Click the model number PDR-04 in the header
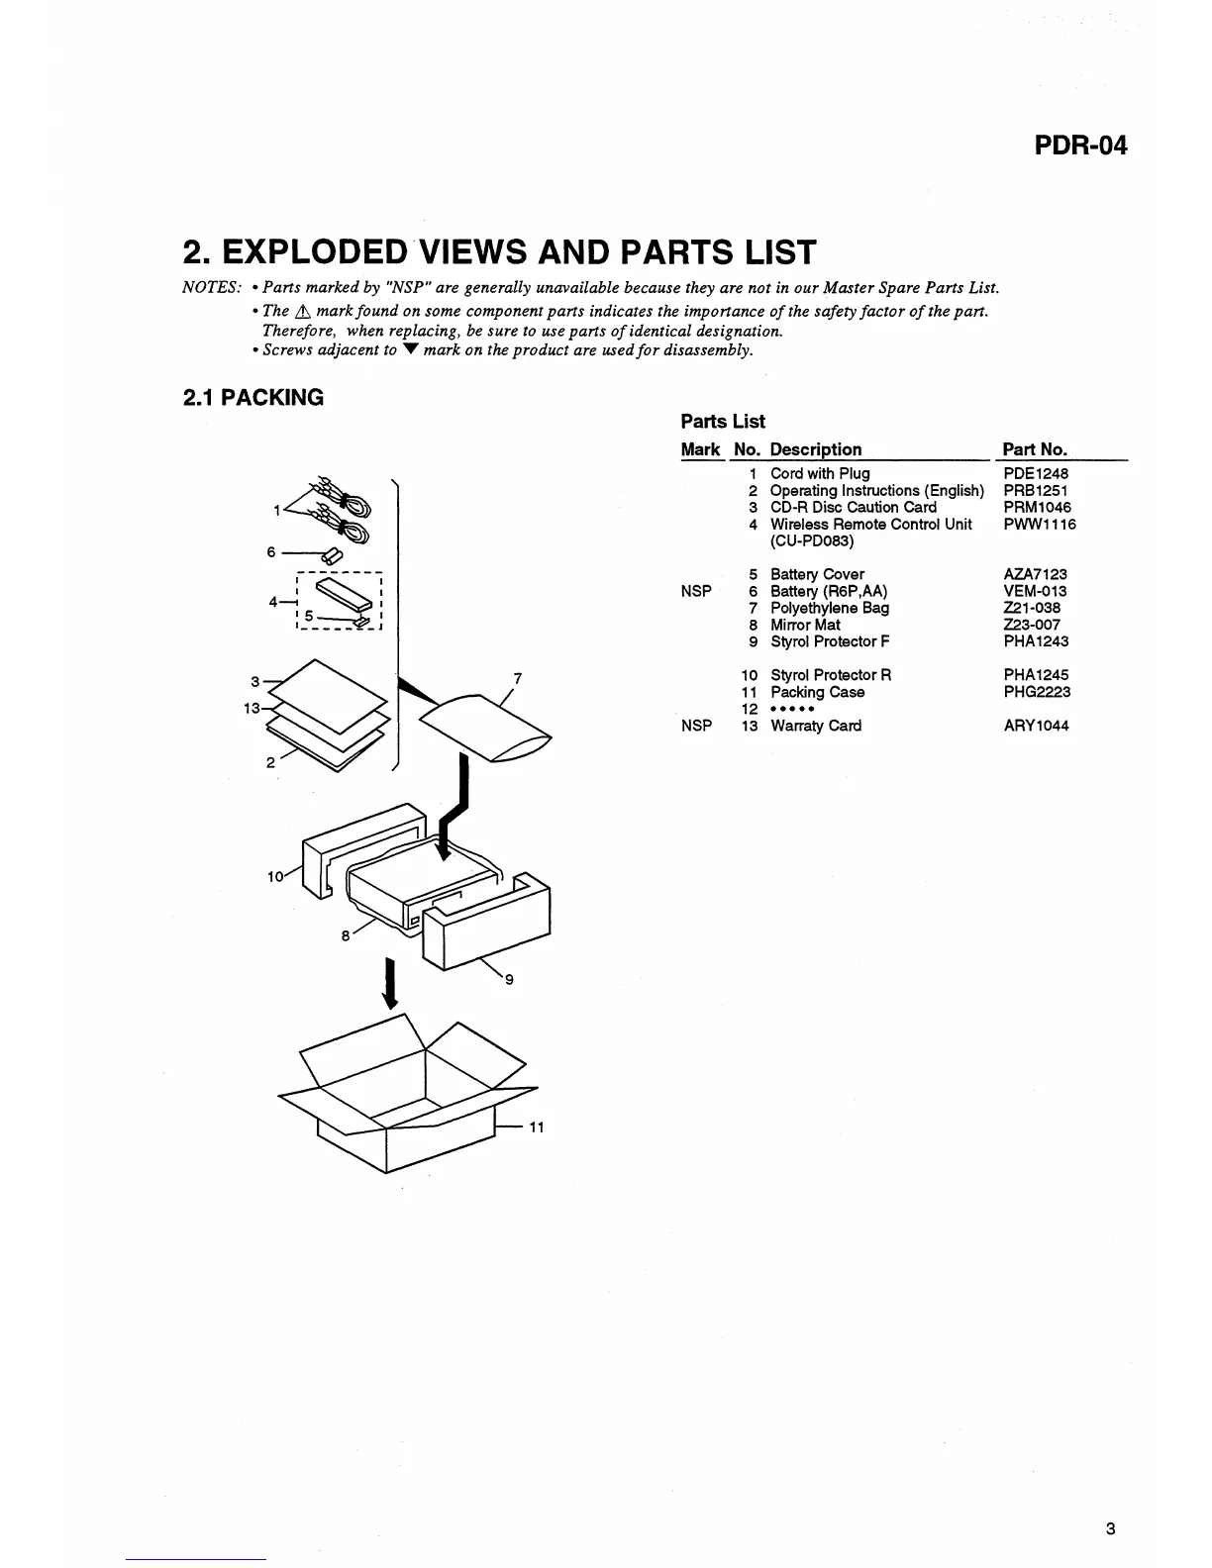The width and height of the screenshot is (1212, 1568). point(1080,147)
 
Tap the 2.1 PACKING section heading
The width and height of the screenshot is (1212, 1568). point(253,398)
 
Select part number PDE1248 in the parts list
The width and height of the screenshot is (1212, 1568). point(1036,473)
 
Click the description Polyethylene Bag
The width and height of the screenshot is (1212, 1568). point(830,608)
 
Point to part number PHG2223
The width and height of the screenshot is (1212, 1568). point(1037,692)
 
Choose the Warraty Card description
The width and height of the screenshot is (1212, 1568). point(816,726)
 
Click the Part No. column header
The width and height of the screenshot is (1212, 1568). point(1035,449)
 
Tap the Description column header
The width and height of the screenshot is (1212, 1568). point(816,449)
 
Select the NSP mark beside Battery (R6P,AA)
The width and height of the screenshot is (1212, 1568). point(696,591)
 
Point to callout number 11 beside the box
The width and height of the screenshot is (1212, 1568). point(537,1127)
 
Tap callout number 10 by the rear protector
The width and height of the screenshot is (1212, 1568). point(274,875)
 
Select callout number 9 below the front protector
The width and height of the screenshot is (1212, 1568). point(509,980)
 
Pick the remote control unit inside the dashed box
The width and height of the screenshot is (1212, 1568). point(339,593)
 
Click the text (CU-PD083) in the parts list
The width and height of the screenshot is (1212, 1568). point(812,541)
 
